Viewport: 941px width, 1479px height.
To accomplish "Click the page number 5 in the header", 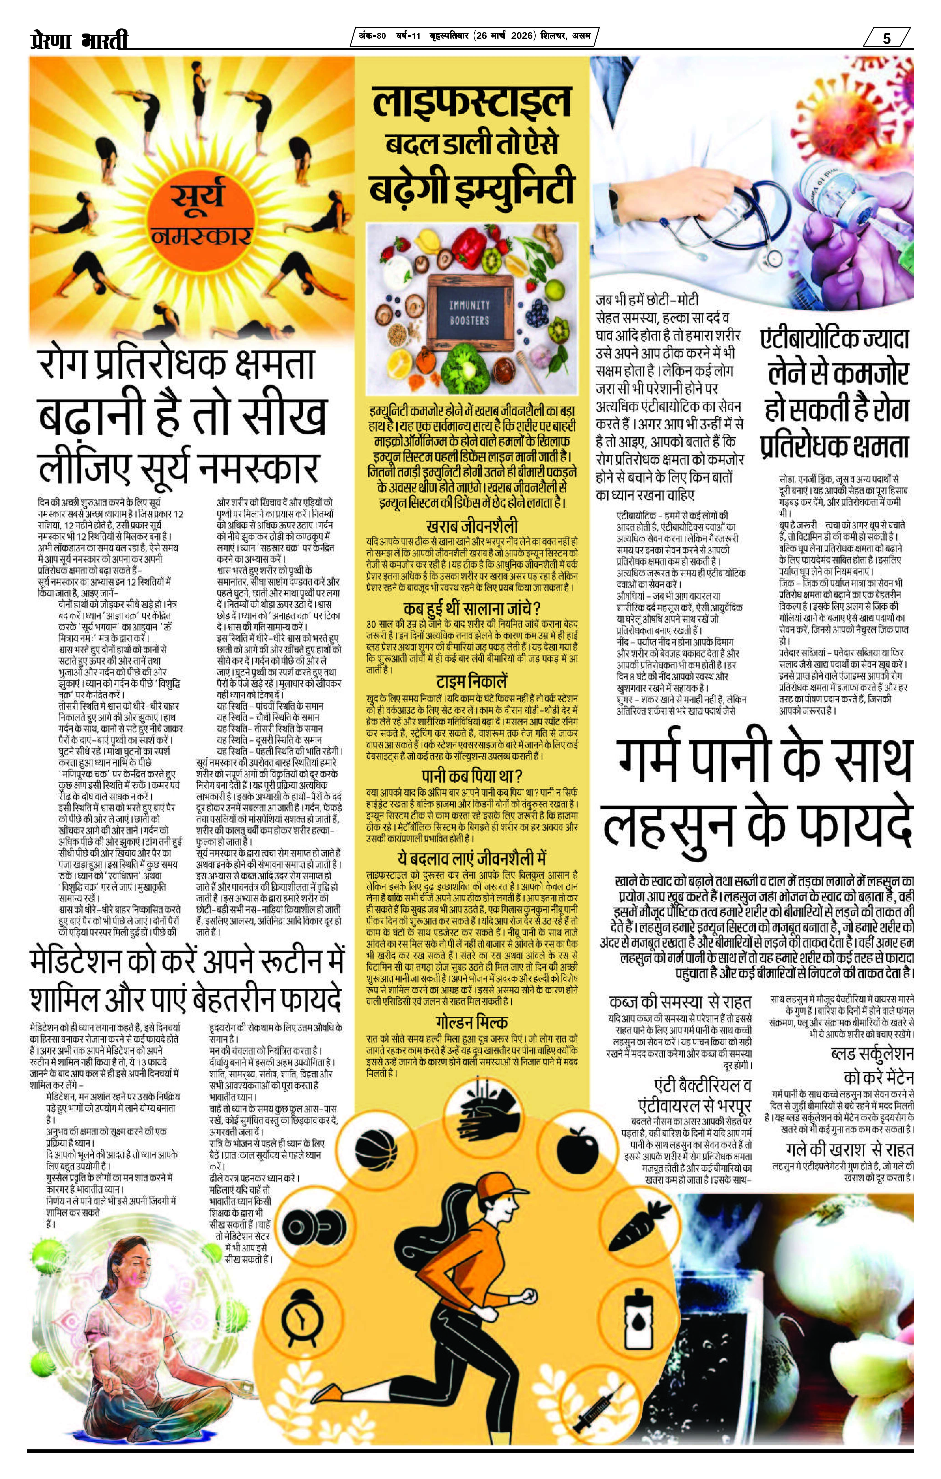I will click(x=886, y=38).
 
